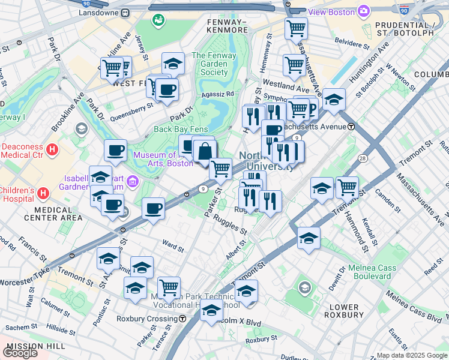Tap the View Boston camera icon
pos(363,11)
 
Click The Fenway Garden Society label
pos(209,64)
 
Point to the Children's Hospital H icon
pos(43,194)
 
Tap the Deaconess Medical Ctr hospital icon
pos(52,149)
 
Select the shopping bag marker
pos(205,152)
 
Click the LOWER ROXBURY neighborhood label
pos(344,310)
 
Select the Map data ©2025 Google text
pos(411,355)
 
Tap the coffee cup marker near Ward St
pos(154,208)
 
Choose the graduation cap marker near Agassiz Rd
pos(173,64)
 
